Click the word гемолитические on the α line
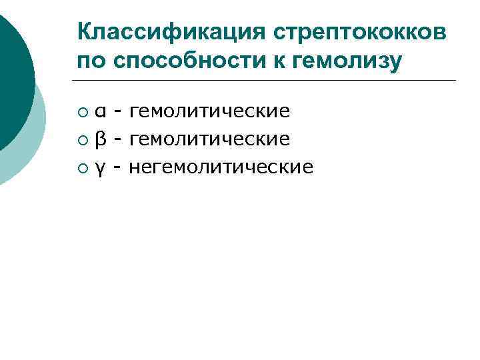pyautogui.click(x=209, y=111)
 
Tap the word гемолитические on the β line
pyautogui.click(x=209, y=139)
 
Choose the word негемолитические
pyautogui.click(x=220, y=167)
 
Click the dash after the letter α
pyautogui.click(x=117, y=111)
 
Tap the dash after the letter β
pyautogui.click(x=117, y=139)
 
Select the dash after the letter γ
pyautogui.click(x=117, y=167)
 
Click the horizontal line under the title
pyautogui.click(x=267, y=81)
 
